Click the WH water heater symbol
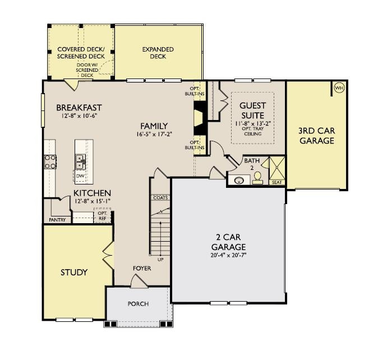pos(339,88)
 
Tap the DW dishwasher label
pos(80,176)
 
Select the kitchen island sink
pos(80,161)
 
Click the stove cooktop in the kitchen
pos(50,161)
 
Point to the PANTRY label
pos(57,220)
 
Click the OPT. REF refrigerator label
pos(103,216)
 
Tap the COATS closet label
pos(159,197)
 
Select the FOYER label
pos(142,268)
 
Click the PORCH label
pos(138,304)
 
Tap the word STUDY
pos(74,273)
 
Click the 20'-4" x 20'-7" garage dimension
pos(228,256)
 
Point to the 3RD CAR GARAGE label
pos(316,136)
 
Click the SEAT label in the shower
pos(277,182)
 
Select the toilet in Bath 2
pos(257,178)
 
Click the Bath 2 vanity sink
pos(240,181)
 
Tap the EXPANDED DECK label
pos(158,53)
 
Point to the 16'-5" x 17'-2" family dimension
pos(154,135)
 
